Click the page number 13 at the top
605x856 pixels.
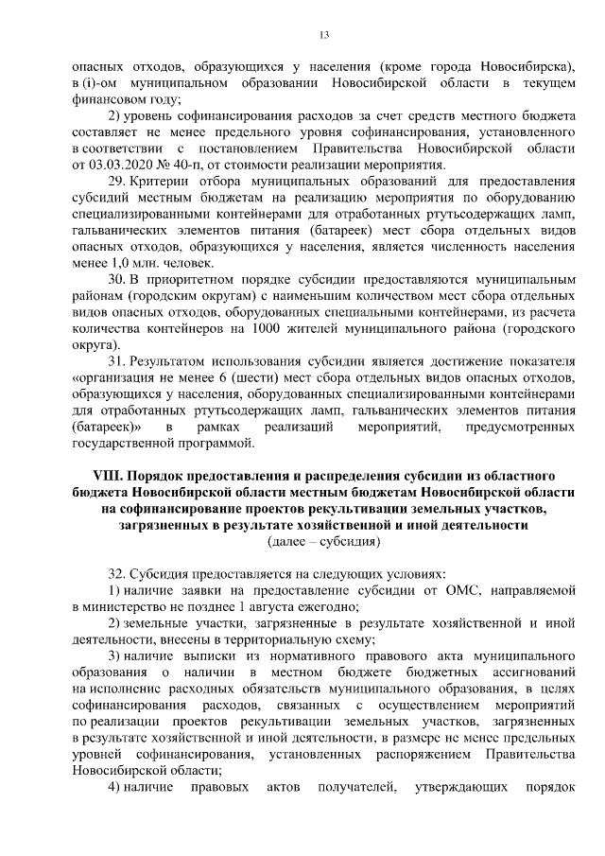click(323, 35)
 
